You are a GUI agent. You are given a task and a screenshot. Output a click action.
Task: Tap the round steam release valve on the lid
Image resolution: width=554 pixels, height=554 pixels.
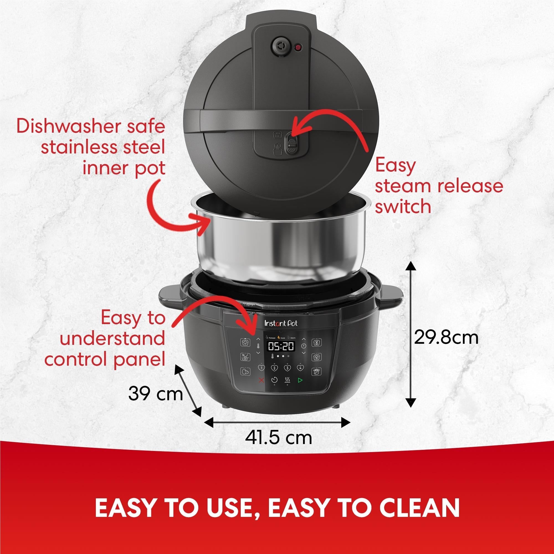click(x=278, y=46)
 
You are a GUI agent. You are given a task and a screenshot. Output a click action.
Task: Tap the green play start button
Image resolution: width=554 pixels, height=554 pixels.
click(x=300, y=381)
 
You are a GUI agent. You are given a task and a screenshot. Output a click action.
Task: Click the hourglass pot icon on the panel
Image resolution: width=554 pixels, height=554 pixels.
click(x=316, y=342)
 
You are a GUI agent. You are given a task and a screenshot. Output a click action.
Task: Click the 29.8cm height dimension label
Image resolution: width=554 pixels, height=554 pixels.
click(x=446, y=338)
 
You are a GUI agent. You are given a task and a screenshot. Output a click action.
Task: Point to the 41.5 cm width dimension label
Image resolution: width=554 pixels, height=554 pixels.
click(x=278, y=438)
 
